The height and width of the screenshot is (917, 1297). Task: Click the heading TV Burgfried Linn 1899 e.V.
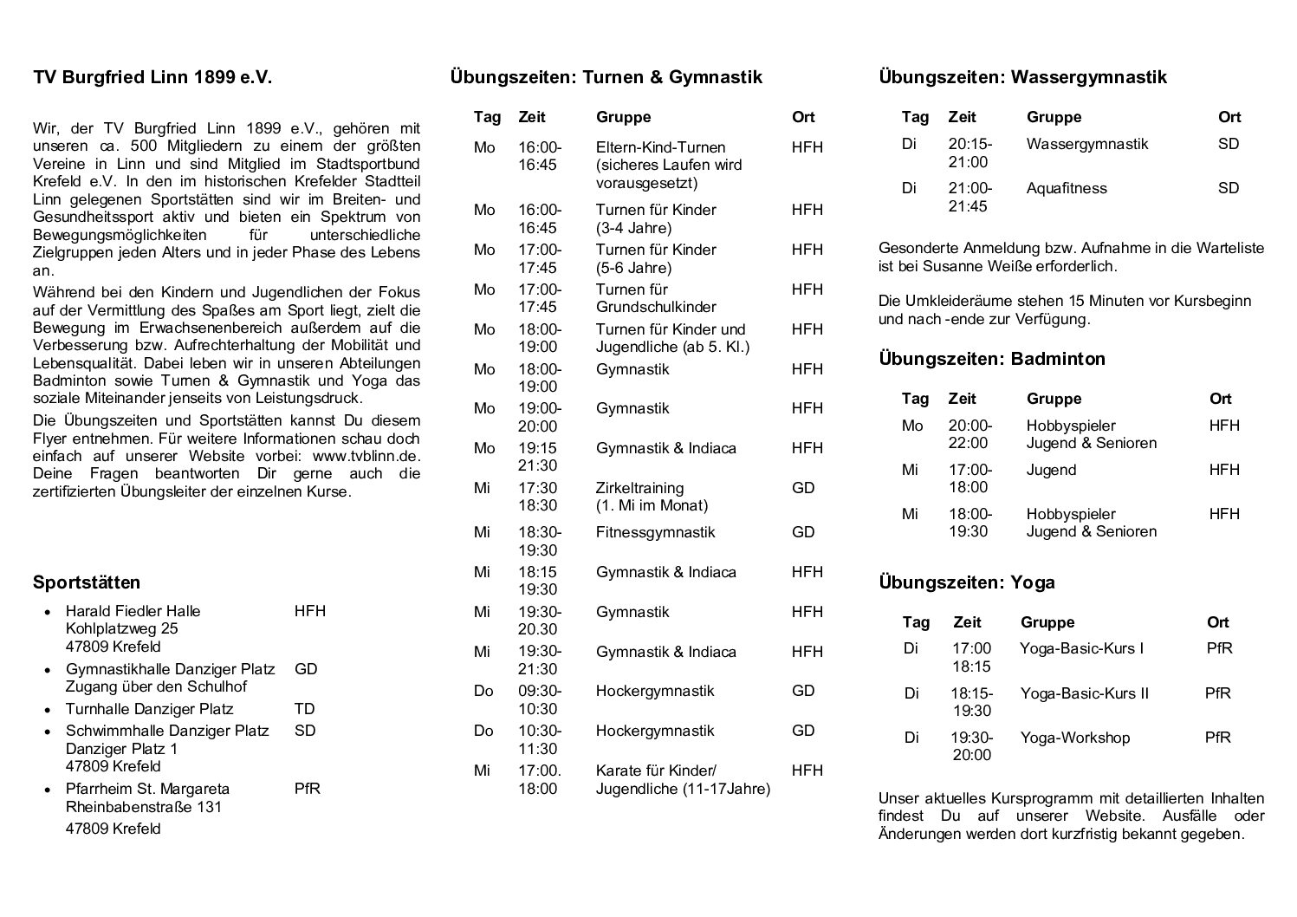(152, 77)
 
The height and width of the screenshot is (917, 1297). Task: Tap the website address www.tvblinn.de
(366, 456)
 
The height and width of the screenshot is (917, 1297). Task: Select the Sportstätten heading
(87, 582)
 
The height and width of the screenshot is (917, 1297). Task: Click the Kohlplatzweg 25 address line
(122, 628)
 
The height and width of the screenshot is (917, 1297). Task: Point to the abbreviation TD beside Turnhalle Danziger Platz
(304, 709)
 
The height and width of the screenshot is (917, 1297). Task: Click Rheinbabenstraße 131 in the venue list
(144, 807)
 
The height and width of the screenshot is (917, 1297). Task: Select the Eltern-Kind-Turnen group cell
(660, 147)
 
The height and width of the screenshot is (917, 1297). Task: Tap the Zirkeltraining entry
(639, 488)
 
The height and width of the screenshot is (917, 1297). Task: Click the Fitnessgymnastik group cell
(655, 532)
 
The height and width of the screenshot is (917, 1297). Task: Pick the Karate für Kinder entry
(656, 771)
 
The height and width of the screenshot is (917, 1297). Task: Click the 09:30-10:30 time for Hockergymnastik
(540, 699)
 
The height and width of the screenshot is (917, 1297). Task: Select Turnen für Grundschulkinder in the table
(656, 298)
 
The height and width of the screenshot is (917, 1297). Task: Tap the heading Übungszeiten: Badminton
(991, 359)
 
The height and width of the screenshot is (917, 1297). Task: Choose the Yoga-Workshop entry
(1074, 738)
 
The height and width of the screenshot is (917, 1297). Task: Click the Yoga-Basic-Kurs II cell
(1084, 693)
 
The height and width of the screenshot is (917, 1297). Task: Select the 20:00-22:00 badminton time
(970, 434)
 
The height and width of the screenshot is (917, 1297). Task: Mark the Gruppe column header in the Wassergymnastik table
(1054, 117)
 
